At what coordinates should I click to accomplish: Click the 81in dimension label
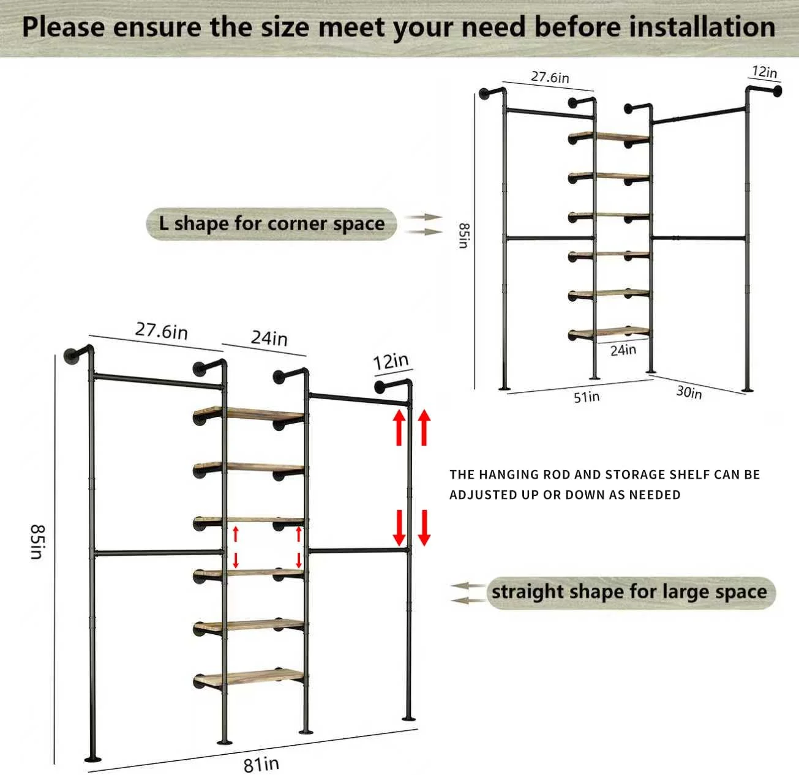(x=261, y=764)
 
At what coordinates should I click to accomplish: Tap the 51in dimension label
(x=587, y=397)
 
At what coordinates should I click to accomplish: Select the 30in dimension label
(x=689, y=392)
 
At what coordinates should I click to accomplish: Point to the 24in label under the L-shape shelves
(x=623, y=350)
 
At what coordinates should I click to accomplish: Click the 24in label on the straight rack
(x=269, y=339)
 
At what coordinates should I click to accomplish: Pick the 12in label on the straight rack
(x=391, y=362)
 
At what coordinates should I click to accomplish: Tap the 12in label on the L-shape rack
(x=764, y=72)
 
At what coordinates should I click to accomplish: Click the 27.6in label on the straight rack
(x=162, y=331)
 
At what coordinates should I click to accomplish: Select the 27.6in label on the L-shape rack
(x=550, y=77)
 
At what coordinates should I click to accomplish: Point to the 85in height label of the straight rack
(x=38, y=541)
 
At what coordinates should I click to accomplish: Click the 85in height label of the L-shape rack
(x=463, y=236)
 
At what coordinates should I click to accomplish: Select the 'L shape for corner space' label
(x=271, y=224)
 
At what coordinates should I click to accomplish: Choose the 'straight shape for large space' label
(x=630, y=593)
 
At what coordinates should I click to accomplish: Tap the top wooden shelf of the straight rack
(x=250, y=414)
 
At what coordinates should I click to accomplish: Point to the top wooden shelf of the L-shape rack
(x=609, y=137)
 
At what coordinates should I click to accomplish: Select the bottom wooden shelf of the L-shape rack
(x=609, y=331)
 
